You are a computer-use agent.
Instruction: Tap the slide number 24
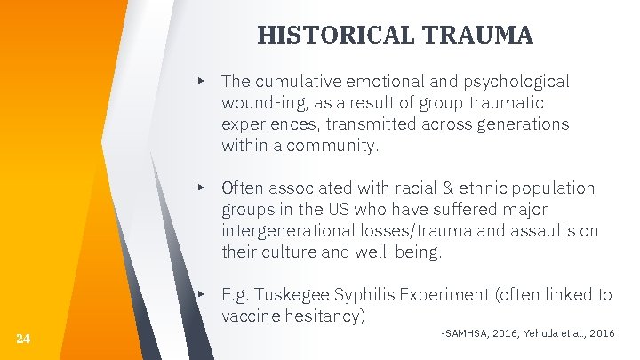pyautogui.click(x=23, y=338)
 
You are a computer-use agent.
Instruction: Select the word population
pyautogui.click(x=552, y=188)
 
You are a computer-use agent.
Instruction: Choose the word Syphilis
pyautogui.click(x=364, y=295)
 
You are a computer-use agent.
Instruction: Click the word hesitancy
pyautogui.click(x=322, y=316)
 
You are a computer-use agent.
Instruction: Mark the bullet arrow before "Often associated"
pyautogui.click(x=202, y=188)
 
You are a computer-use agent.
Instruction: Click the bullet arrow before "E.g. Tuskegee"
pyautogui.click(x=202, y=294)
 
